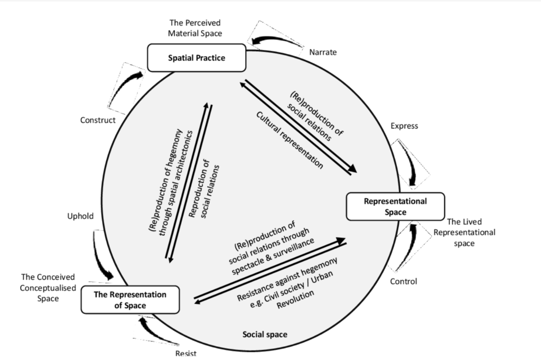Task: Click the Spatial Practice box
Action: click(x=196, y=58)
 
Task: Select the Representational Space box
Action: click(x=395, y=206)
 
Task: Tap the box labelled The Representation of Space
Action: click(x=130, y=300)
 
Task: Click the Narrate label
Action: click(x=323, y=52)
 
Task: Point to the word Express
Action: click(x=404, y=126)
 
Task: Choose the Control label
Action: click(x=404, y=281)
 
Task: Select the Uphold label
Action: click(x=80, y=216)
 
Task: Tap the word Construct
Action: click(x=98, y=120)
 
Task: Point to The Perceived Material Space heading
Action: click(x=195, y=29)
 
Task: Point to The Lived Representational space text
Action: click(x=464, y=233)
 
